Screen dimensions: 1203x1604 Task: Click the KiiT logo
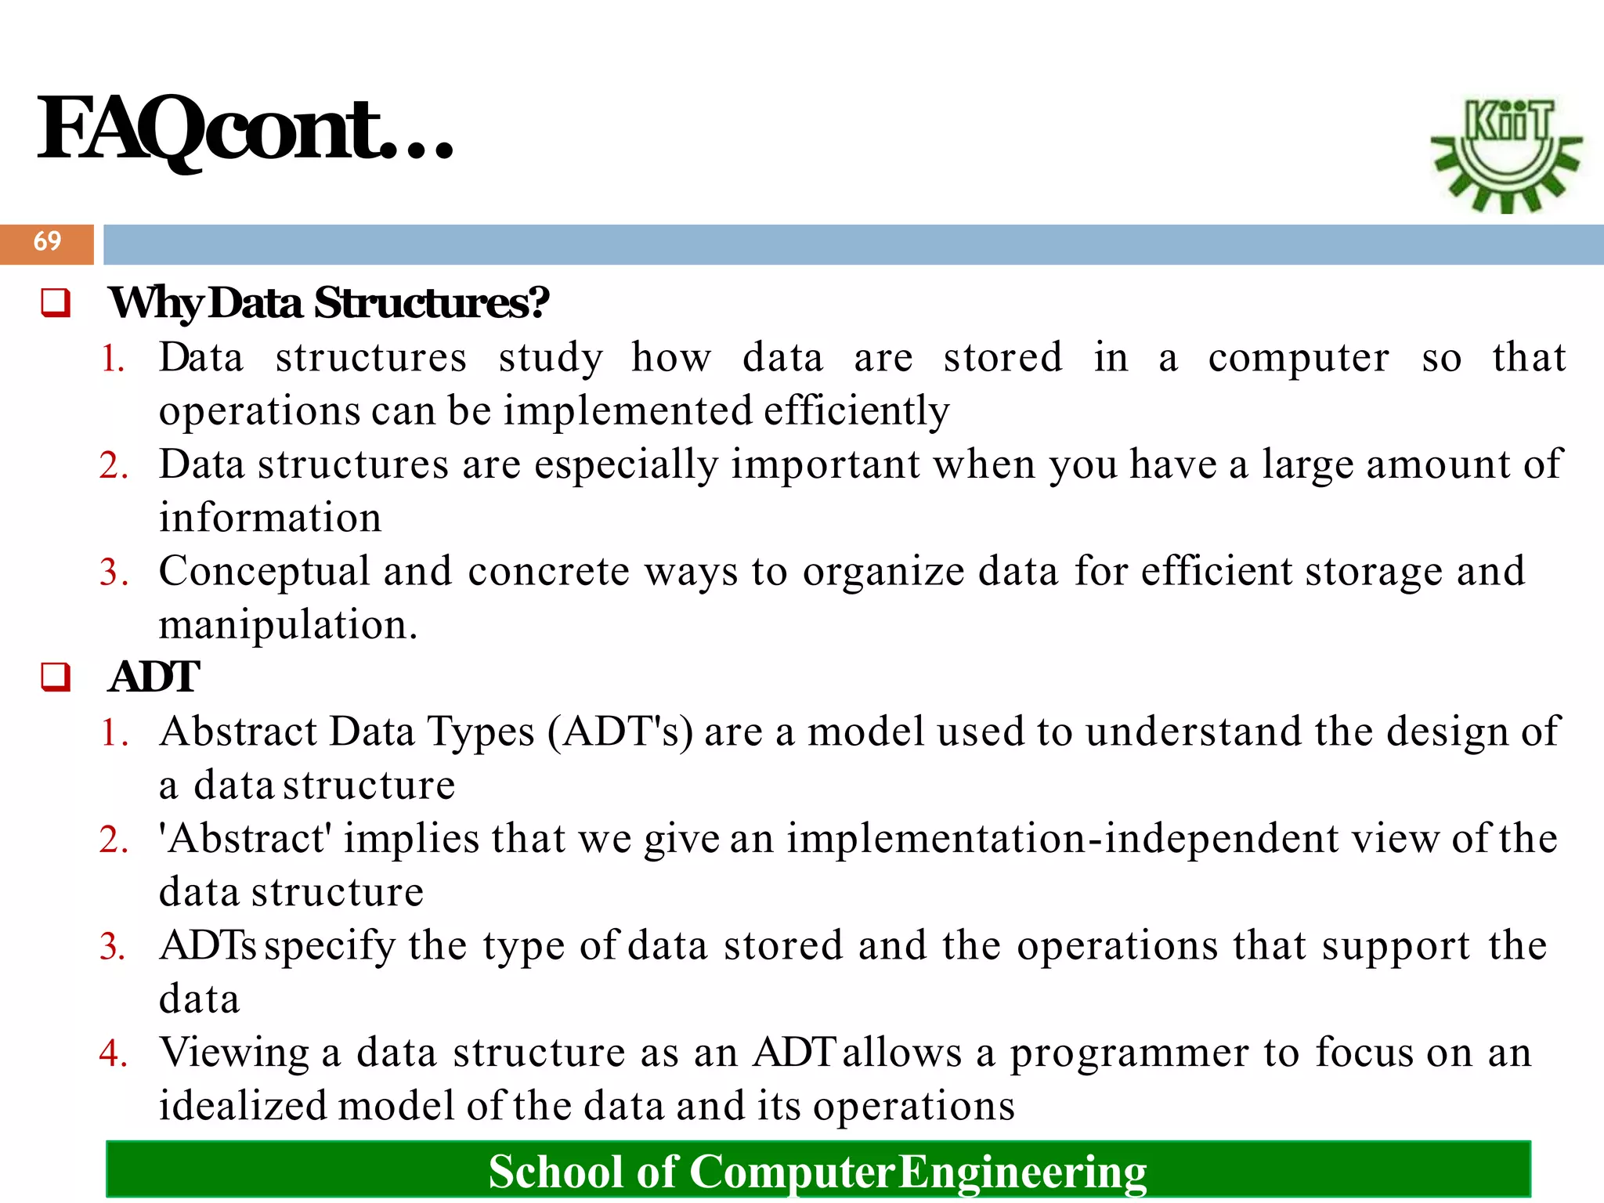(1506, 154)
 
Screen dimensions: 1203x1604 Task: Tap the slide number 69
(47, 241)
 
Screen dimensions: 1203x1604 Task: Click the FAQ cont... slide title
(245, 129)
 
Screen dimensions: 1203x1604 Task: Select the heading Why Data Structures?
(329, 303)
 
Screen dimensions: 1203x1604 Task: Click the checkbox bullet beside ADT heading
(56, 677)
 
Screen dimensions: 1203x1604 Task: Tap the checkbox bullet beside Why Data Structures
(56, 303)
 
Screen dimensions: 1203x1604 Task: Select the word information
(270, 518)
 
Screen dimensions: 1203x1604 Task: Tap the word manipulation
(287, 626)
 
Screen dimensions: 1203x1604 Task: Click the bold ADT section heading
(154, 677)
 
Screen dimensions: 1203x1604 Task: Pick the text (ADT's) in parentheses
(620, 732)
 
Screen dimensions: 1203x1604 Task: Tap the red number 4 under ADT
(112, 1053)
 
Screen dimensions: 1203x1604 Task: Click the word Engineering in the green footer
(1022, 1172)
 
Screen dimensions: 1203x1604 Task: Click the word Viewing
(234, 1053)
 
